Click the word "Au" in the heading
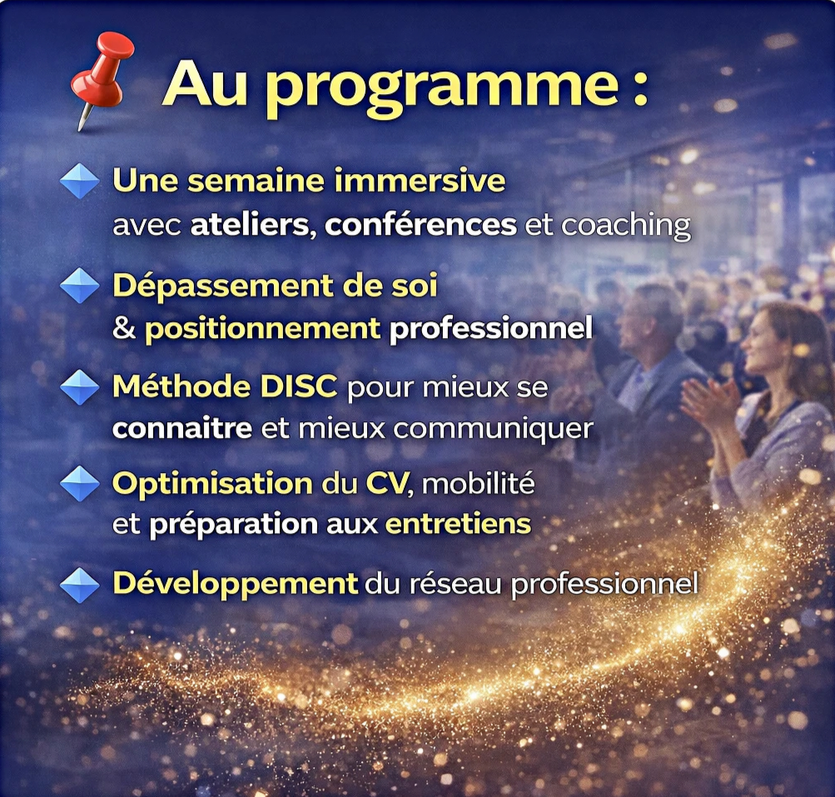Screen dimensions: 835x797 206,82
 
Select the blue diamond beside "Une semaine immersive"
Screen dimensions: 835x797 80,182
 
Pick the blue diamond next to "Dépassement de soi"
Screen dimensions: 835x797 80,286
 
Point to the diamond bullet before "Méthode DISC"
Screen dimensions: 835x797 80,387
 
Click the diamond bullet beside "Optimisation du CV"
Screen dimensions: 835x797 80,484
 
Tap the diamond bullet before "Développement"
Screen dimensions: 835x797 80,585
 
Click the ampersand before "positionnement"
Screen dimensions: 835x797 124,328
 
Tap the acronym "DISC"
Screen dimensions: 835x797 299,386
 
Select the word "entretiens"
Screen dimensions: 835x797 458,525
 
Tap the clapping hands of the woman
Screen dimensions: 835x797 706,406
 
